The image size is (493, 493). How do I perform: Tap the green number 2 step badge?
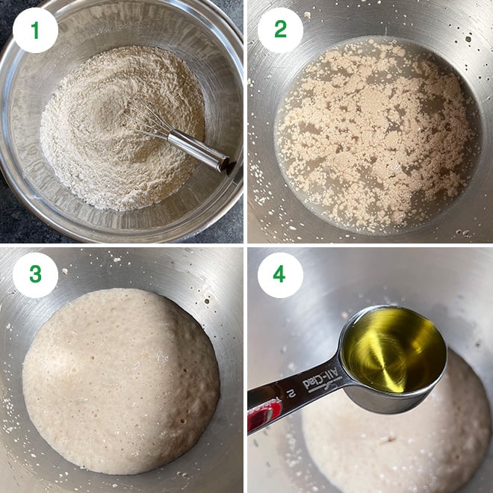[280, 30]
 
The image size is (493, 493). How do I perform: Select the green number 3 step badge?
[35, 274]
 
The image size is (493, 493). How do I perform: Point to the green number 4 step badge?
[280, 274]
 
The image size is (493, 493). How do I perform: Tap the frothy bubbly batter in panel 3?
[120, 381]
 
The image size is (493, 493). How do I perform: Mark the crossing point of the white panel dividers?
[246, 246]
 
